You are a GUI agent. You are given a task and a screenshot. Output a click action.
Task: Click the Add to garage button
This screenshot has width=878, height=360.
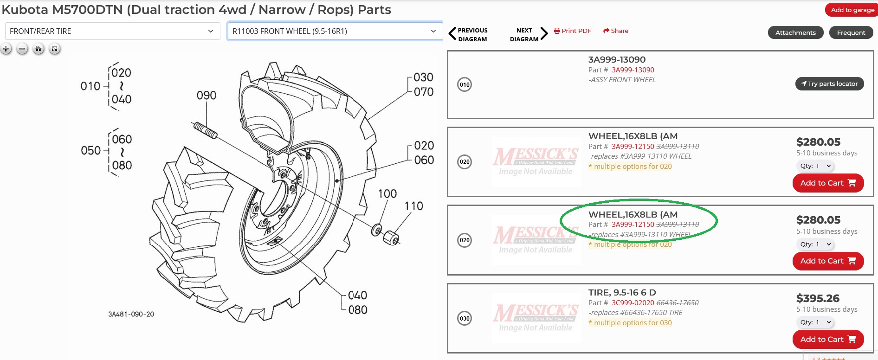tap(852, 10)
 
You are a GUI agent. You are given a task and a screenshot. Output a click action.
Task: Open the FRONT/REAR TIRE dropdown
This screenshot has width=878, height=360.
tap(112, 31)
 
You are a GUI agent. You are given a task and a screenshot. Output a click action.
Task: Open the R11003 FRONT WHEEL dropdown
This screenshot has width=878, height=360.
tap(335, 31)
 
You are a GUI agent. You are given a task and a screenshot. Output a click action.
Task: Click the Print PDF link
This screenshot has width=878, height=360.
tap(573, 31)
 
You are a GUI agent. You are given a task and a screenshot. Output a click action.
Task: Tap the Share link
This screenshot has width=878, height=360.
tap(616, 31)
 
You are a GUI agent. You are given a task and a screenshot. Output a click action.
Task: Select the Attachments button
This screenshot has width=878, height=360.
tap(795, 32)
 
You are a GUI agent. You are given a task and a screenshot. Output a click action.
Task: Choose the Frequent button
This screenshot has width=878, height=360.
tap(851, 32)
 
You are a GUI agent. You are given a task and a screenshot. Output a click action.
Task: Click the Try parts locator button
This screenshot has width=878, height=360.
tap(829, 84)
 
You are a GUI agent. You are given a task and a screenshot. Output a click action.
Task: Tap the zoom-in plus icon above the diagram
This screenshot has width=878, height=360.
tap(6, 49)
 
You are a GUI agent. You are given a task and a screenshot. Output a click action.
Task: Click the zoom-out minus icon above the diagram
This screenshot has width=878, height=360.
tap(22, 49)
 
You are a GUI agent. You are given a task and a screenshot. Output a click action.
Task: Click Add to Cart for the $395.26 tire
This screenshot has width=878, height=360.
tap(828, 339)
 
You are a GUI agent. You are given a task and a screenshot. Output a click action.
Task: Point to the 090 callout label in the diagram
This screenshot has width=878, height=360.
tap(207, 96)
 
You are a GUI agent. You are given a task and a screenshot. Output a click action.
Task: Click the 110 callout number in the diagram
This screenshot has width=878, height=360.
tap(413, 206)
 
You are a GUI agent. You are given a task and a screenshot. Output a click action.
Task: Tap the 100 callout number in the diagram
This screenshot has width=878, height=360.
tap(387, 194)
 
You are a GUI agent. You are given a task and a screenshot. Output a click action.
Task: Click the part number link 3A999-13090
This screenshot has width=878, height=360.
tap(633, 70)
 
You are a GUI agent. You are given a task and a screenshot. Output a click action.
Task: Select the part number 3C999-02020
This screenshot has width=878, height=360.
tap(633, 303)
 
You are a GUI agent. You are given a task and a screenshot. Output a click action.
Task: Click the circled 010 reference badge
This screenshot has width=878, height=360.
tap(465, 84)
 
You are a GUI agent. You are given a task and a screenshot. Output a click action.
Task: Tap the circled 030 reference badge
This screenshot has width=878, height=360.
tap(465, 318)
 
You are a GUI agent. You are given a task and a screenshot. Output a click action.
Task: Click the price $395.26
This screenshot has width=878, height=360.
tap(818, 298)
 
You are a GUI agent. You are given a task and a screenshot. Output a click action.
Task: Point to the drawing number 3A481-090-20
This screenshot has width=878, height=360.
tap(131, 314)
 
